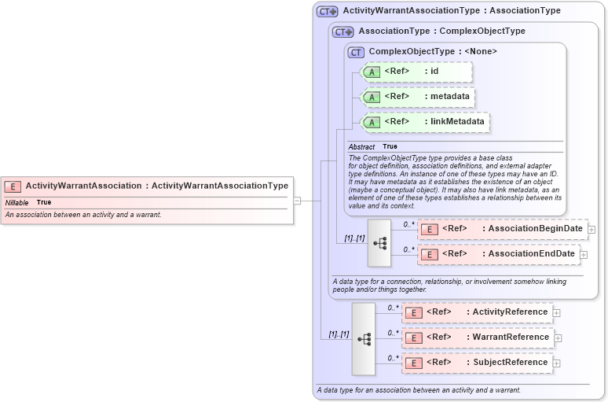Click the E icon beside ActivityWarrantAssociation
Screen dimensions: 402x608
[x=13, y=186]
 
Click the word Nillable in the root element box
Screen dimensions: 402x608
[x=17, y=203]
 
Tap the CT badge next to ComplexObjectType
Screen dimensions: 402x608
[x=357, y=52]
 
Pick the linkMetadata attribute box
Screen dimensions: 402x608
[x=425, y=122]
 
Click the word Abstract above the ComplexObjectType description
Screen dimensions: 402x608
[x=361, y=146]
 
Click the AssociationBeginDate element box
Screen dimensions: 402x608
[x=504, y=229]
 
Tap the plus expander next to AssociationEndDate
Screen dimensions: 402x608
[x=584, y=255]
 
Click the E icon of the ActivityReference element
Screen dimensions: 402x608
[x=413, y=312]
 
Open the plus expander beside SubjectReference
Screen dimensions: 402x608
[x=556, y=363]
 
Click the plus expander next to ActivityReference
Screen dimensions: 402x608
[x=556, y=312]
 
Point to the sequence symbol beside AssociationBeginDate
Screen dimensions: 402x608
[x=379, y=242]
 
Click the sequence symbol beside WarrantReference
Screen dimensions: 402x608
[x=364, y=338]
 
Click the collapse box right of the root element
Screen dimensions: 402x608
[x=297, y=201]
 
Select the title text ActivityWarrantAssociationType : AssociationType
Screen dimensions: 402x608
[x=452, y=11]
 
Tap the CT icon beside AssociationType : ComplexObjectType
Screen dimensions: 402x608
[x=343, y=31]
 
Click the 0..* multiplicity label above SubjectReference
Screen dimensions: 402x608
[x=393, y=357]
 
